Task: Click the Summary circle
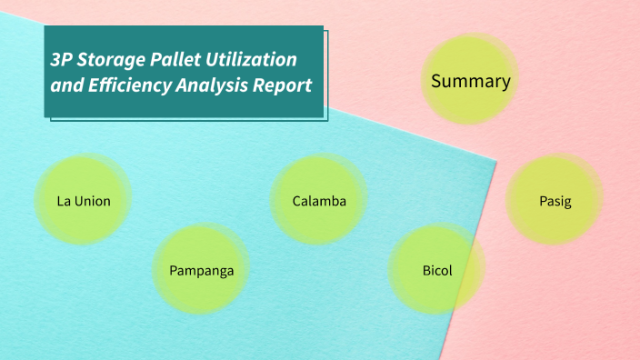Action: coord(470,80)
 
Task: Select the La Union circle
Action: coord(84,200)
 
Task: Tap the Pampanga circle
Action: coord(201,270)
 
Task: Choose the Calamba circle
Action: coord(319,200)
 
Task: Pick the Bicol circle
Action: coord(436,270)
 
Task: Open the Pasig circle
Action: coord(555,200)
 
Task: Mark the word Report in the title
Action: coord(283,86)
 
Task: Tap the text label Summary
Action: coord(470,81)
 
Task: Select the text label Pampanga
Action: coord(201,271)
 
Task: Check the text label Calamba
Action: coord(319,201)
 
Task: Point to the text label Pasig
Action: coord(555,201)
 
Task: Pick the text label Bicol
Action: coord(436,271)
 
